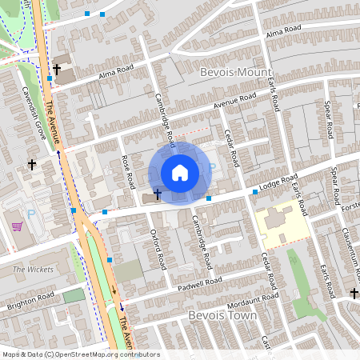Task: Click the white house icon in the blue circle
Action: pos(180,173)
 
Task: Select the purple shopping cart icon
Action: pos(17,226)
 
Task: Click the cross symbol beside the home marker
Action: pos(157,194)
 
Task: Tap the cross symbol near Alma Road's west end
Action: pos(57,70)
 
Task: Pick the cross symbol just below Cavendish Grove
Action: pos(31,164)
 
